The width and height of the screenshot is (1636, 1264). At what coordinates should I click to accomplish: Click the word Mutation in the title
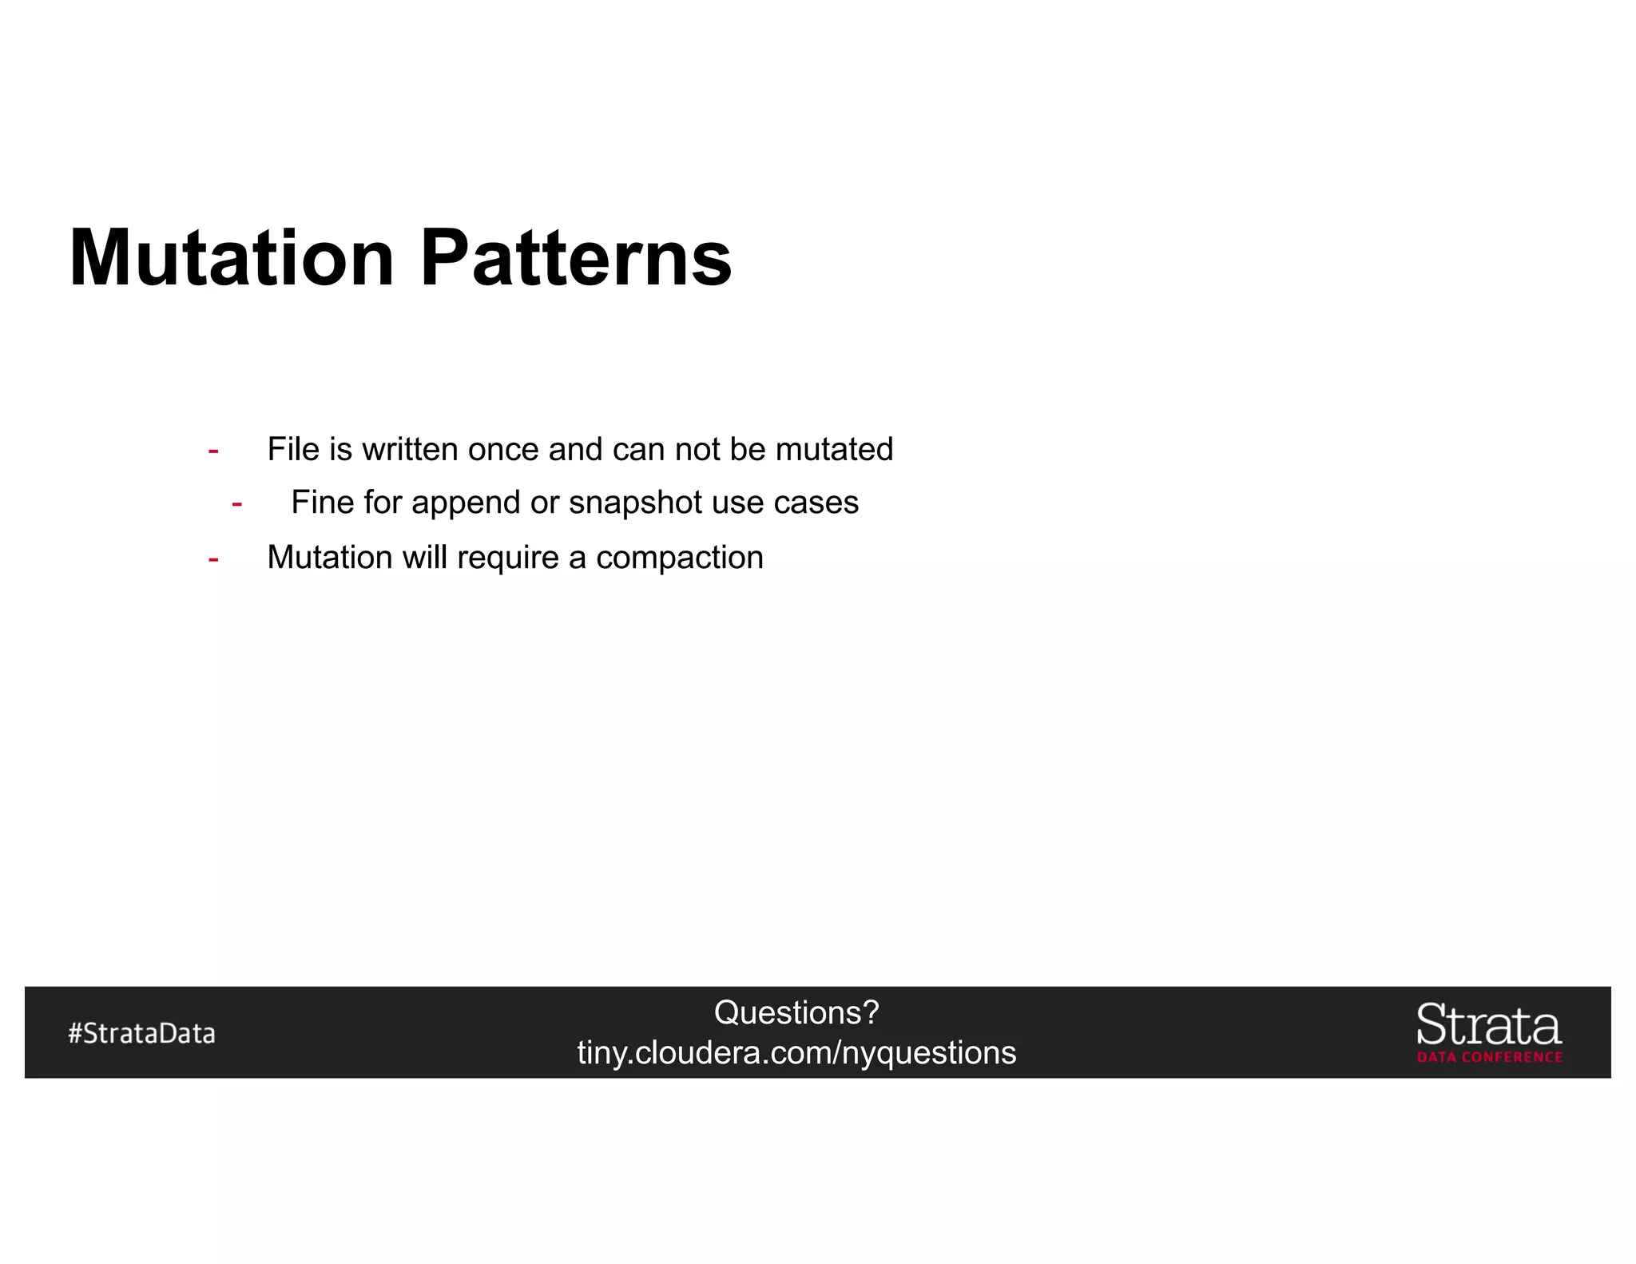[232, 258]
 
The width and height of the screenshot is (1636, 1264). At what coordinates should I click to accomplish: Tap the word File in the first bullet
[293, 450]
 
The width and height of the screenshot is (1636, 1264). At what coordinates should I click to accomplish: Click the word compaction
[680, 558]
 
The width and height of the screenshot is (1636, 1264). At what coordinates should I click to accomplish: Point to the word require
[508, 558]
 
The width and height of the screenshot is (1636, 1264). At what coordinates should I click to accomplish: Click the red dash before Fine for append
[236, 504]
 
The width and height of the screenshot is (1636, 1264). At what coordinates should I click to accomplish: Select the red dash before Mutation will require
[213, 559]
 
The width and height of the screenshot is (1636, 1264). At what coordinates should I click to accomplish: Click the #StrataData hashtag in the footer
[141, 1033]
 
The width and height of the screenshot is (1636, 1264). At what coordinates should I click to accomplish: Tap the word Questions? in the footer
[796, 1012]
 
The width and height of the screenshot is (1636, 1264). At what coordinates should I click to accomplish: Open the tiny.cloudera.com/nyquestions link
[796, 1053]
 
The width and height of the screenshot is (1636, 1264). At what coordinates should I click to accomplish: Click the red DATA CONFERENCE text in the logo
[1490, 1057]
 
